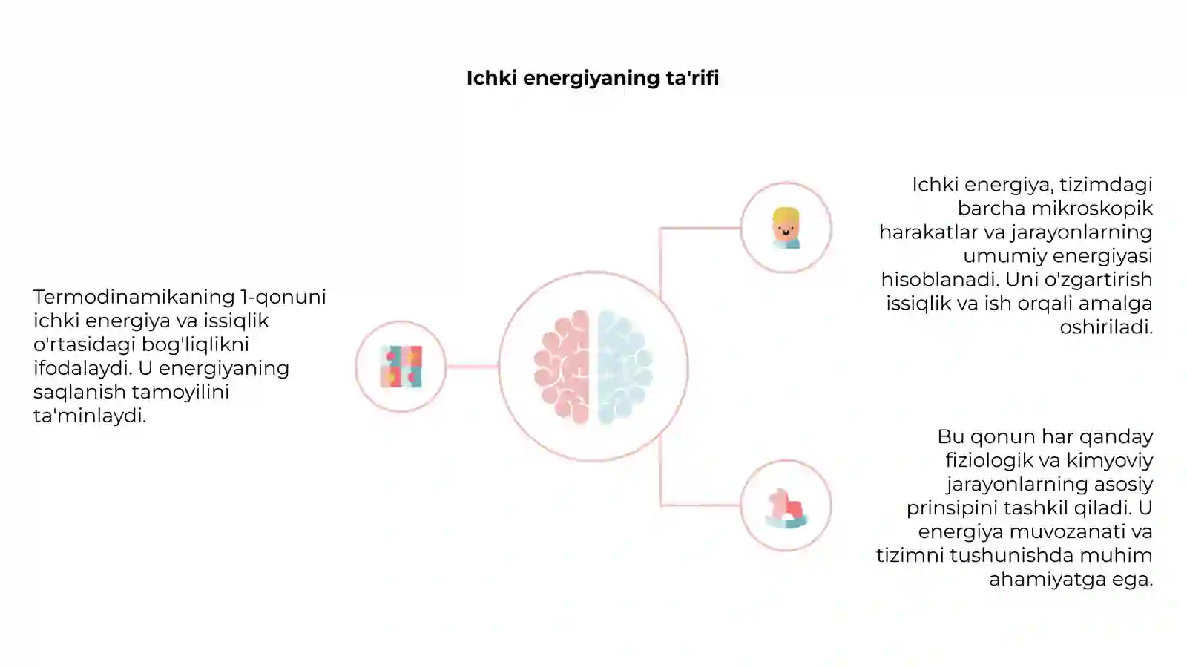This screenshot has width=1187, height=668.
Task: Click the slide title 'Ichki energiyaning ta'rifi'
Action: [593, 79]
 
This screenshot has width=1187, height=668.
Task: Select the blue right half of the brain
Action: [625, 367]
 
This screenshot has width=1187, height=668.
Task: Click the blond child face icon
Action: [786, 228]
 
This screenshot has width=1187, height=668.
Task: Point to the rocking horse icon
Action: [786, 508]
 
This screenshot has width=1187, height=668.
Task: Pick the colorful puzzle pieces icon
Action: [401, 367]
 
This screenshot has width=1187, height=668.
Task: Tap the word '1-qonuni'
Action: [283, 298]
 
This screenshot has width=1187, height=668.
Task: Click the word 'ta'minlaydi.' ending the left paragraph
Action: [90, 416]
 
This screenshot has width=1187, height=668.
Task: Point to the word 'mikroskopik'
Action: [1092, 209]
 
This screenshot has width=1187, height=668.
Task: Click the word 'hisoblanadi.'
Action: [940, 279]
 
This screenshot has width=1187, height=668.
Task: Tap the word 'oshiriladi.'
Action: [1106, 327]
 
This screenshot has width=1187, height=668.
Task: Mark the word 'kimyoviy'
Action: [1110, 461]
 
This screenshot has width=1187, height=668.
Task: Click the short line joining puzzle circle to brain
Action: [472, 367]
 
